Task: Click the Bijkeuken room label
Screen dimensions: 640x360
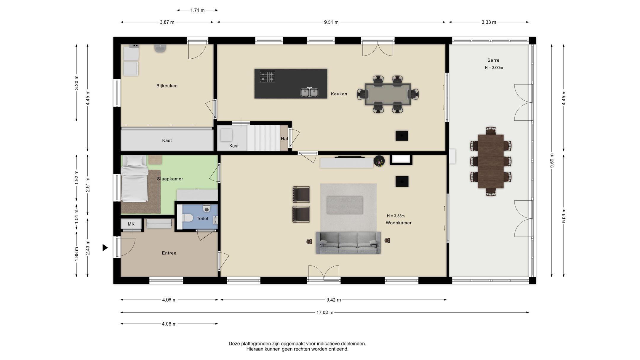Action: (167, 86)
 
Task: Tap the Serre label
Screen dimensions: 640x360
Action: (493, 60)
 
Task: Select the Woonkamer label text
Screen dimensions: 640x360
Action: (399, 223)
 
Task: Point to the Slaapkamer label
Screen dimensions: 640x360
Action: (170, 179)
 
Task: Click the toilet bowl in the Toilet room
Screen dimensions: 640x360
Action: (186, 218)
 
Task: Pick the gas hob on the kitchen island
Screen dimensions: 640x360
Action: (267, 76)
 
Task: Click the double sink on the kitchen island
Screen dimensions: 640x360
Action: (309, 92)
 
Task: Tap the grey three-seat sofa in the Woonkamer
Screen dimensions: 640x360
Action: (348, 243)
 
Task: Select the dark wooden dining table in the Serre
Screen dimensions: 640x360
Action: (491, 161)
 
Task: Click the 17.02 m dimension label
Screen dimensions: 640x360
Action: (325, 312)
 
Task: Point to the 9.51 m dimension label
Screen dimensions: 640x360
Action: (331, 22)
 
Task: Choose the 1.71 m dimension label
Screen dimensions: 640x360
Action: (197, 10)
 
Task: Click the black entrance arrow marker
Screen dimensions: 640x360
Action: (105, 247)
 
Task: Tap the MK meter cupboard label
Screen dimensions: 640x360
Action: (131, 224)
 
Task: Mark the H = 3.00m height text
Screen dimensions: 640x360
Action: (494, 68)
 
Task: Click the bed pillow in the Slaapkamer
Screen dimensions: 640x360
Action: (135, 161)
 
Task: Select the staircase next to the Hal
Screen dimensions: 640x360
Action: (263, 138)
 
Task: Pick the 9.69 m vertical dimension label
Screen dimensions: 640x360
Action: (552, 161)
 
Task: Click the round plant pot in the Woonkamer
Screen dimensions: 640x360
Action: (379, 161)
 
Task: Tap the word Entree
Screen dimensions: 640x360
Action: (169, 253)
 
